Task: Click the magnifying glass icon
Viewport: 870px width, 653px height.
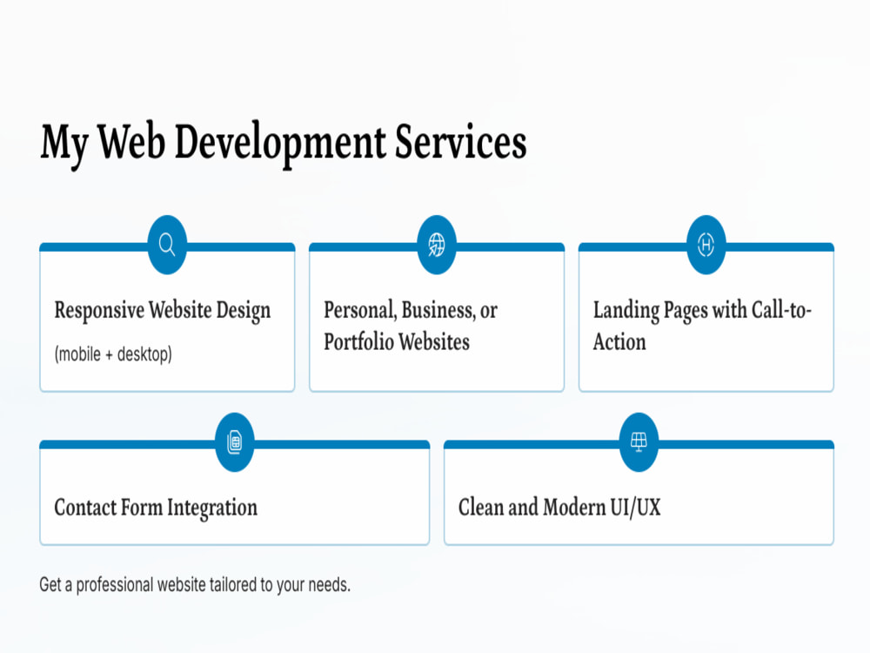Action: coord(167,245)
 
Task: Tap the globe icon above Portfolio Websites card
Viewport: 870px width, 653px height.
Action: coord(437,245)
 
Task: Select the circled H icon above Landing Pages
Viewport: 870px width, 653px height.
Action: coord(706,245)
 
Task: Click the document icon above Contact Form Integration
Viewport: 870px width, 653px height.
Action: coord(235,442)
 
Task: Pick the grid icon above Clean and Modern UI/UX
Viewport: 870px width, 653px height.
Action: coord(639,442)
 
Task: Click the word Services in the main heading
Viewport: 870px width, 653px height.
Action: coord(460,142)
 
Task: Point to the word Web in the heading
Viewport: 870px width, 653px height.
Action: coord(131,142)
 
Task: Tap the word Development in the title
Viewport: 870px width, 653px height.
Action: coord(280,145)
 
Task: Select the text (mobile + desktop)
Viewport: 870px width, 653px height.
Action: coord(113,354)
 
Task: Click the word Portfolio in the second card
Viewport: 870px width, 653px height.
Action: coord(358,342)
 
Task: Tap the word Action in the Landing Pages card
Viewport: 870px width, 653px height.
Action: coord(619,342)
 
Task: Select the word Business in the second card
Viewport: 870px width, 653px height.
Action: coord(438,311)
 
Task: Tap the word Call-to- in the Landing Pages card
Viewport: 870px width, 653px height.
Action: coord(781,310)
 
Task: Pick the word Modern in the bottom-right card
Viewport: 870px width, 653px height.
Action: coord(574,508)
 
